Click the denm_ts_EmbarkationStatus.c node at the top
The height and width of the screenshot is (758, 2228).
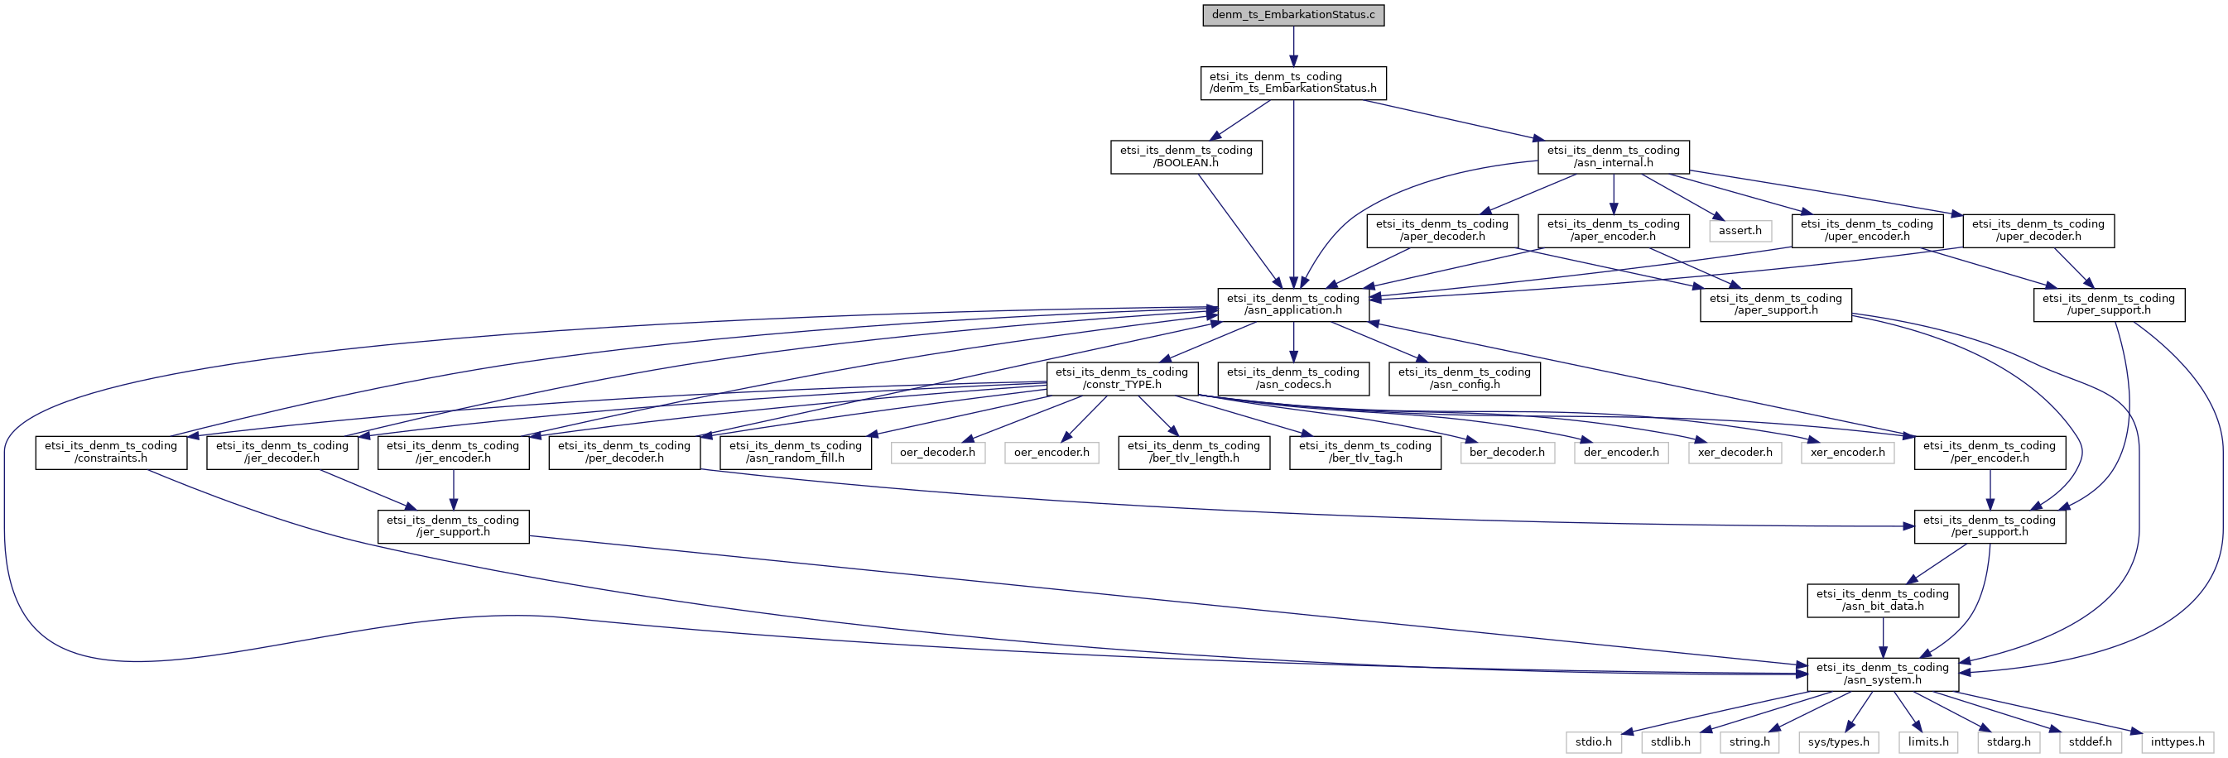pos(1292,15)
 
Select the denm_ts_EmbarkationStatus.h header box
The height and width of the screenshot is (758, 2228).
pos(1292,82)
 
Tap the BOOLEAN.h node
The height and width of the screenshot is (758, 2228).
pos(1186,156)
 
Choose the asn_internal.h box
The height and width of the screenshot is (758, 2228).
pos(1613,156)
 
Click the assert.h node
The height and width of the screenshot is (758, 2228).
pos(1740,231)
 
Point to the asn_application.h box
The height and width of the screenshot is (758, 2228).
pos(1292,305)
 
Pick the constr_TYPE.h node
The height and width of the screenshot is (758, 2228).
pos(1122,378)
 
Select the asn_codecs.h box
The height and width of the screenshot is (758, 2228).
pos(1292,378)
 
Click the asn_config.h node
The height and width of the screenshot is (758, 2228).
pos(1464,378)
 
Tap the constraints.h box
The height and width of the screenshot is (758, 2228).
pos(111,452)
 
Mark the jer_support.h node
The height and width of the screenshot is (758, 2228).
pos(452,526)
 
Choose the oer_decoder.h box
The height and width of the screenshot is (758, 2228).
pos(936,452)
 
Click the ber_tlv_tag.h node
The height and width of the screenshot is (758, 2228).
pos(1364,452)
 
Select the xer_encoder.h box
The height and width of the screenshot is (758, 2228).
pos(1847,452)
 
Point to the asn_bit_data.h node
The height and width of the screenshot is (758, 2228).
pos(1882,600)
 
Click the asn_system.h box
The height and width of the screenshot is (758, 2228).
pos(1882,674)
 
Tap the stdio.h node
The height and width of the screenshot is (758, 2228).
pos(1593,741)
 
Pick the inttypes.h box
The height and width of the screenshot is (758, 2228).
pos(2177,741)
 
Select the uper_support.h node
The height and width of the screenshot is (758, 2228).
pos(2109,305)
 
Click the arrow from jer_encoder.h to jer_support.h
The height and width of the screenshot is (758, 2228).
pos(452,490)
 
